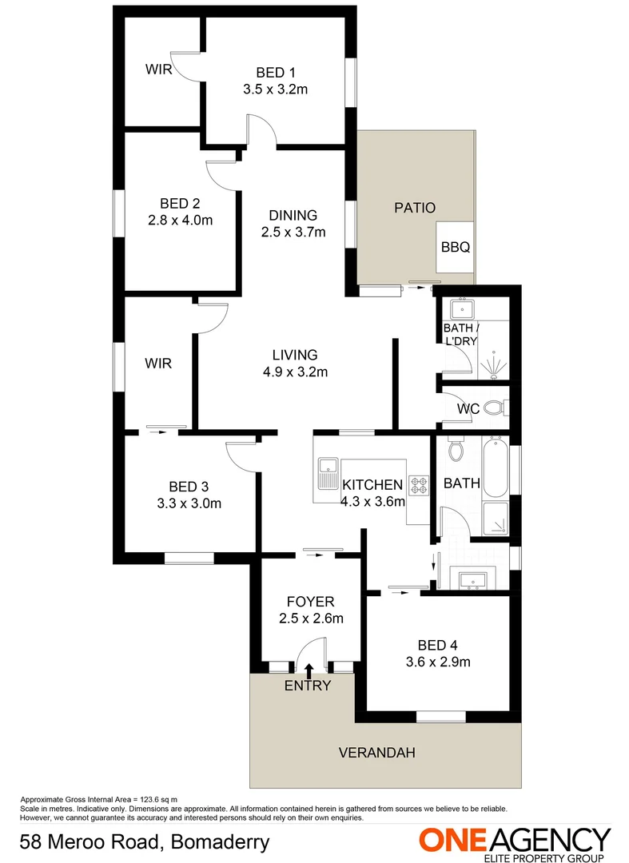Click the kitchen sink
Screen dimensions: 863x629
pyautogui.click(x=327, y=474)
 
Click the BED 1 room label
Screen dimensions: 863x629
pyautogui.click(x=276, y=70)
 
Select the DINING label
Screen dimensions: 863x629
pyautogui.click(x=293, y=215)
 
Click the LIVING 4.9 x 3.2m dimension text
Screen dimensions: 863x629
pyautogui.click(x=295, y=372)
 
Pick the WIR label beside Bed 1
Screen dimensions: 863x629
pyautogui.click(x=157, y=69)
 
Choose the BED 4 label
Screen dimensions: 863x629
pyautogui.click(x=438, y=646)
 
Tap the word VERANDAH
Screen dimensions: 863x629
pyautogui.click(x=377, y=753)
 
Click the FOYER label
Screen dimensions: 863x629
pyautogui.click(x=310, y=602)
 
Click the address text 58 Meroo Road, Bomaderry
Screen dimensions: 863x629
pyautogui.click(x=144, y=842)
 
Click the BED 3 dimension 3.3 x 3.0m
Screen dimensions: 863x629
pyautogui.click(x=189, y=503)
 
